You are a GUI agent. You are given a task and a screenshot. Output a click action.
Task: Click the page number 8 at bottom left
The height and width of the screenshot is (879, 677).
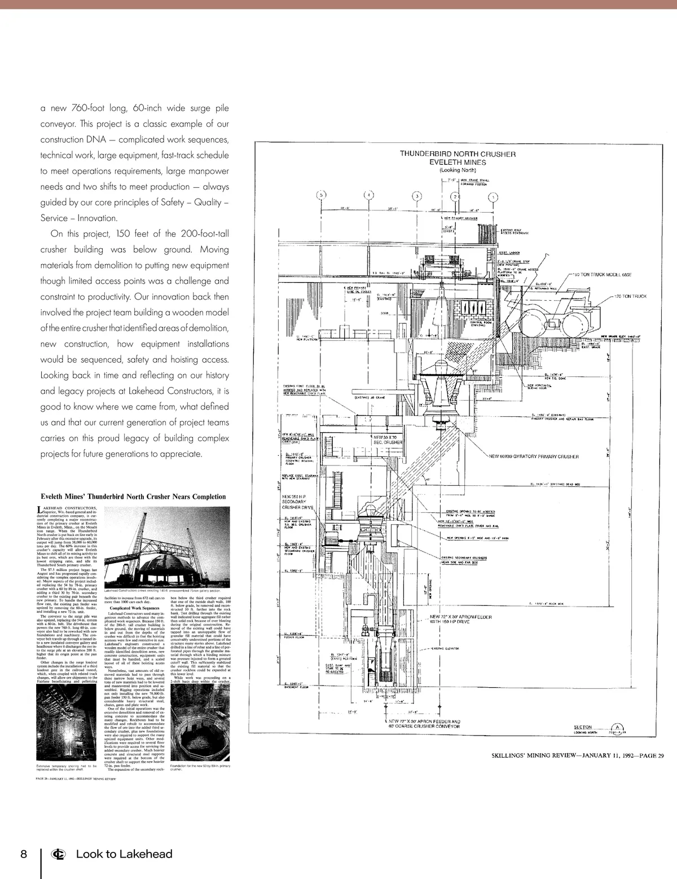(23, 854)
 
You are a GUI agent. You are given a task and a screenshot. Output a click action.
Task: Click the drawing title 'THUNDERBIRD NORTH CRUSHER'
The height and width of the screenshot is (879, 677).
(458, 153)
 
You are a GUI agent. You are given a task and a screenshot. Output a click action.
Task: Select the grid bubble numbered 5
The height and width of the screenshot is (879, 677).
(322, 195)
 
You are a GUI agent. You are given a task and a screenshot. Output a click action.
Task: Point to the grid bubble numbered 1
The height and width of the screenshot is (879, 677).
(494, 197)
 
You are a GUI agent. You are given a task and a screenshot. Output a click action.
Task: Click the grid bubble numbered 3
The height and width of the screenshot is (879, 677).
(417, 196)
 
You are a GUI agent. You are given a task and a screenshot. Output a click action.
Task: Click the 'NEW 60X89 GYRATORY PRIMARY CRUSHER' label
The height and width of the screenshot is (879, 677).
(534, 456)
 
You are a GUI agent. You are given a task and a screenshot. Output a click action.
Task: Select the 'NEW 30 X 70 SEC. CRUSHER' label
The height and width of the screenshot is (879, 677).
(388, 439)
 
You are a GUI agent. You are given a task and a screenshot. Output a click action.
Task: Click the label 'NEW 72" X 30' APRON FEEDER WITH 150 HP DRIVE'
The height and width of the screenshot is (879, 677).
(460, 619)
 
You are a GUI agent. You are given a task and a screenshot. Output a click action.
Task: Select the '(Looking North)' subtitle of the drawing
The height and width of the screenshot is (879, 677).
(458, 170)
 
